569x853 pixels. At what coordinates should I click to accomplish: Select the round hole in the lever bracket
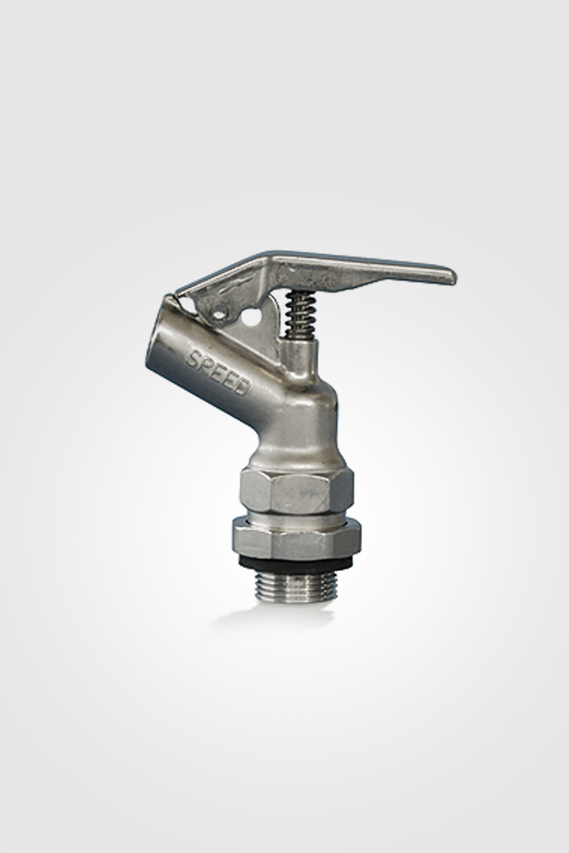point(251,317)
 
